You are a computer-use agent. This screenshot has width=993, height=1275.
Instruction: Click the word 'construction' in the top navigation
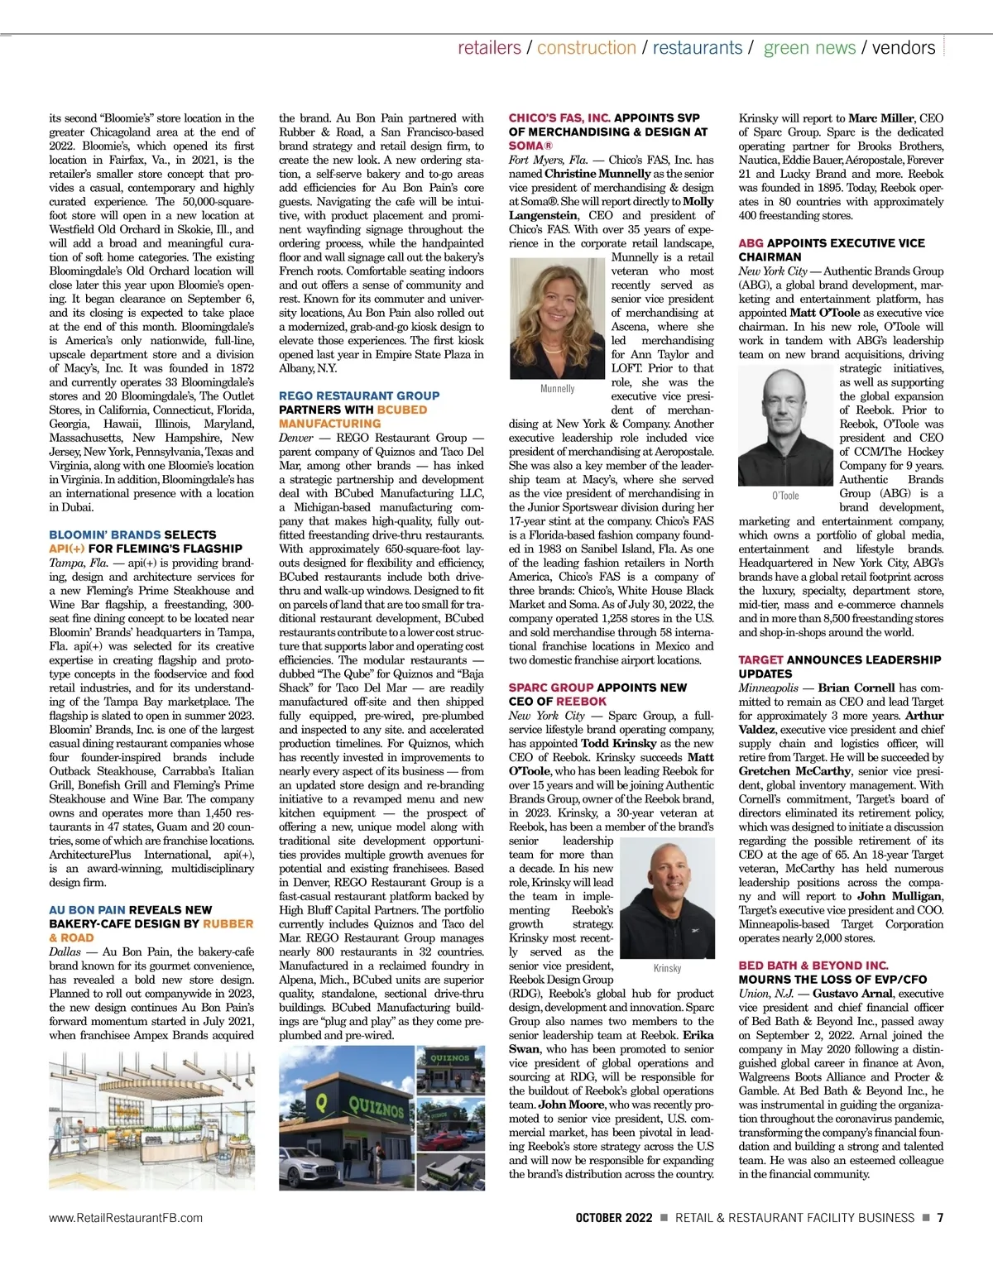[586, 48]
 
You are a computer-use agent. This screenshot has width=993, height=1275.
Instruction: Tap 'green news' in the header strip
[809, 48]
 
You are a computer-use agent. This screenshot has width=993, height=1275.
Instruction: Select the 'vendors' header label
[904, 48]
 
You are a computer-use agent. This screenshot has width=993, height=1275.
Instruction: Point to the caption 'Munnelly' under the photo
[558, 388]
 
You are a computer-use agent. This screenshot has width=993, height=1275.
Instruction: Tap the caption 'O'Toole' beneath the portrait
[785, 496]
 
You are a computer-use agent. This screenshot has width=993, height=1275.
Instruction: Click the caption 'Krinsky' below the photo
[667, 968]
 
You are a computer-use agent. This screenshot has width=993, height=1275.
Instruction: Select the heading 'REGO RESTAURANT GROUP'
[359, 396]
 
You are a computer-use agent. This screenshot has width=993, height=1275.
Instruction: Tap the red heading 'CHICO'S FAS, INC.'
[559, 118]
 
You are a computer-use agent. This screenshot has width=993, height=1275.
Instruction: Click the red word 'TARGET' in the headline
[760, 660]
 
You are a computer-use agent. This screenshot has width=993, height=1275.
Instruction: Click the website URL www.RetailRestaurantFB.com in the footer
[126, 1218]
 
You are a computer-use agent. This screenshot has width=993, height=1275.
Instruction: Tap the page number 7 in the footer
[940, 1218]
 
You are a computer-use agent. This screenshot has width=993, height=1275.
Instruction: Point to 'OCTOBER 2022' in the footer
[614, 1218]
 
